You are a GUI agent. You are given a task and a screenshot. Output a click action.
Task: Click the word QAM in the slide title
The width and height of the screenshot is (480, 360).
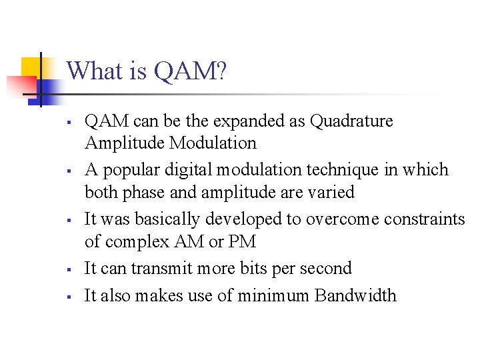pyautogui.click(x=189, y=71)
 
